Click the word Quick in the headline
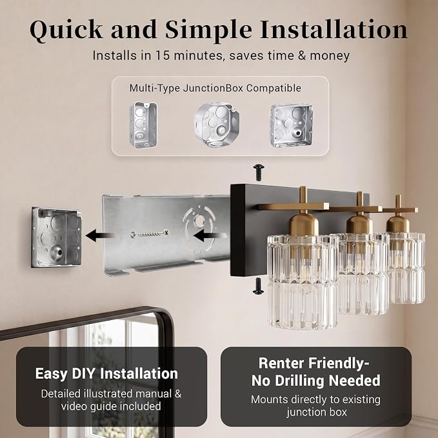(66, 30)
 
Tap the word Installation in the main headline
(333, 29)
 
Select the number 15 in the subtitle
(162, 55)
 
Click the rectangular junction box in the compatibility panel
(144, 125)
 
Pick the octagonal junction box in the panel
(217, 124)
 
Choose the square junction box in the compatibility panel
(291, 125)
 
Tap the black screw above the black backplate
(259, 172)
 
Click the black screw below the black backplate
(258, 286)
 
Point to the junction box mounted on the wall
(56, 237)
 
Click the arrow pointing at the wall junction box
(100, 235)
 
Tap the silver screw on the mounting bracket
(150, 234)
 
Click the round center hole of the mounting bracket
(199, 221)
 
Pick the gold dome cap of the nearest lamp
(303, 224)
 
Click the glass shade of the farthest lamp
(406, 268)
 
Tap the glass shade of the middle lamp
(363, 274)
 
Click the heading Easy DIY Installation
(106, 373)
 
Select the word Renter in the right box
(282, 363)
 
